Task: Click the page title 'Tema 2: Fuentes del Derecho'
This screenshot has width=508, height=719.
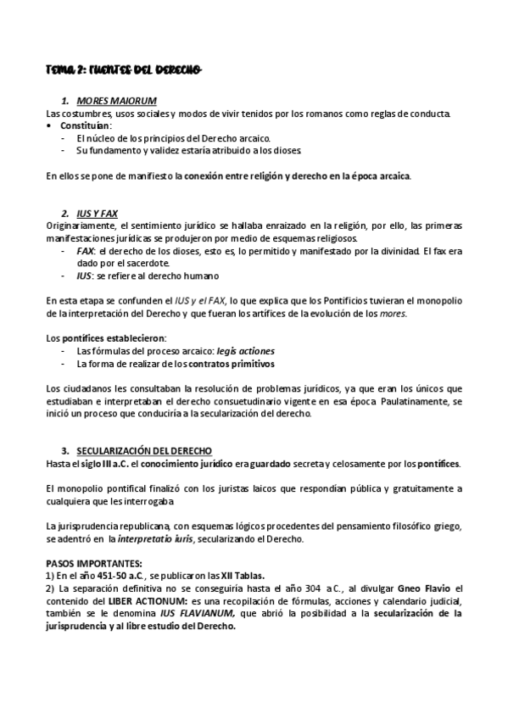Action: (124, 69)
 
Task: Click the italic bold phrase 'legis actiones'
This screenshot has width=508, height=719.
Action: (245, 350)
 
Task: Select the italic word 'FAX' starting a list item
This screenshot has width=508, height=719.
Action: (85, 252)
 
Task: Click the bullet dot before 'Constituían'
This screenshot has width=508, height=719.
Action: (51, 125)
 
